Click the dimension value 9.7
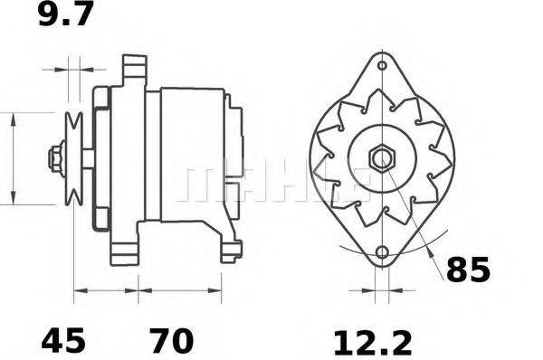pyautogui.click(x=66, y=16)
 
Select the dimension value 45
pyautogui.click(x=63, y=342)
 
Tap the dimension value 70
pyautogui.click(x=172, y=342)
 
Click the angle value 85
pyautogui.click(x=468, y=270)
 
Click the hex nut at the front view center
pyautogui.click(x=380, y=158)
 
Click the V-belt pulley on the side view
pyautogui.click(x=74, y=158)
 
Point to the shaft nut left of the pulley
pyautogui.click(x=56, y=158)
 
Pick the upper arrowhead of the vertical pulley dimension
pyautogui.click(x=14, y=118)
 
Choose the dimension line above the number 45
pyautogui.click(x=106, y=291)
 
